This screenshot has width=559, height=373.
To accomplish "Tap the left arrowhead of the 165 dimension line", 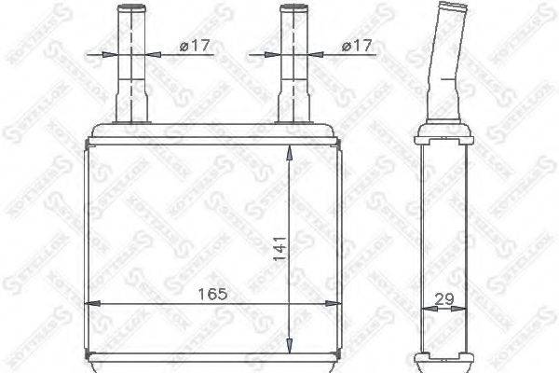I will coord(91,303).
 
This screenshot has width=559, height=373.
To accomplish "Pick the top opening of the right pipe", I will coord(294,8).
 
